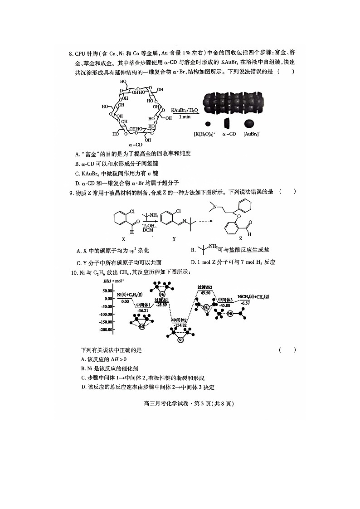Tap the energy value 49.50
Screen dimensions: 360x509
[x=205, y=293]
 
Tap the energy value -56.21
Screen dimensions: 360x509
[x=142, y=311]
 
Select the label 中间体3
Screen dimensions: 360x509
[x=225, y=300]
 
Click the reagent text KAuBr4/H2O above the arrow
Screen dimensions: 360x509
[x=185, y=110]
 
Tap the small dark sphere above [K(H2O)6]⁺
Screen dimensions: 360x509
[x=208, y=124]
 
